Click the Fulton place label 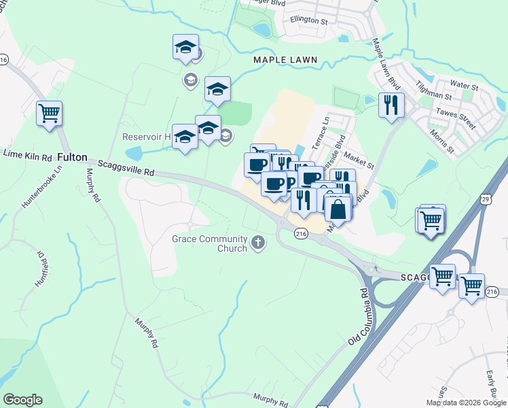click(x=73, y=157)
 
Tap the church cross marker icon click(x=258, y=243)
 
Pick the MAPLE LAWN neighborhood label click(x=285, y=61)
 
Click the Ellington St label click(x=308, y=20)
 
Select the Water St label click(x=465, y=86)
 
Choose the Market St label click(x=359, y=160)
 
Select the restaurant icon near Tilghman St click(x=391, y=104)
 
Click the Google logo click(x=22, y=399)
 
